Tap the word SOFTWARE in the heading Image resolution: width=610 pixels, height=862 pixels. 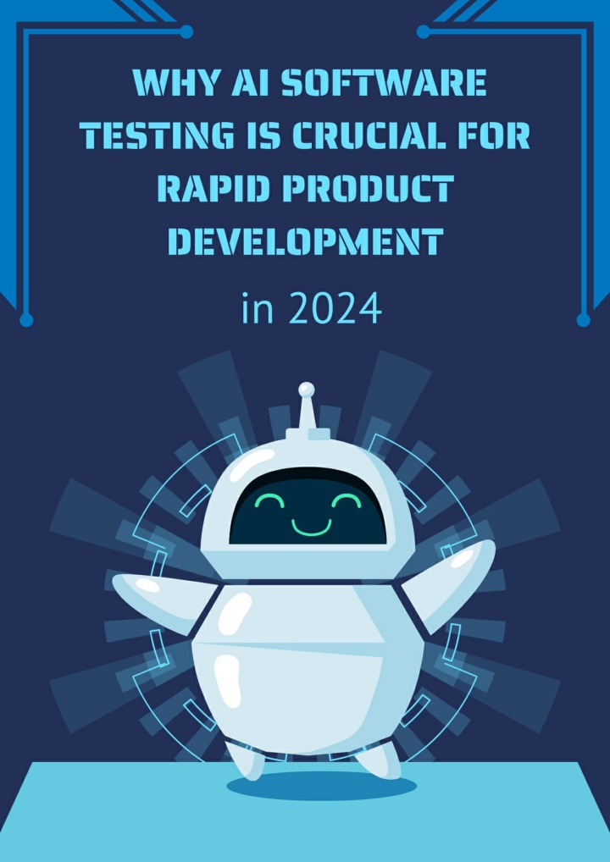pyautogui.click(x=384, y=84)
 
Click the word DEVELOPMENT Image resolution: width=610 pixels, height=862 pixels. pyautogui.click(x=305, y=240)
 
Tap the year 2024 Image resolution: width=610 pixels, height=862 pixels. pyautogui.click(x=335, y=309)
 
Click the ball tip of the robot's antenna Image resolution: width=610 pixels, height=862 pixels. pyautogui.click(x=307, y=390)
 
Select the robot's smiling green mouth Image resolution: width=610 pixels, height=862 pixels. pyautogui.click(x=311, y=528)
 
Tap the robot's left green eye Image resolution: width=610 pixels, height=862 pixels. pyautogui.click(x=269, y=500)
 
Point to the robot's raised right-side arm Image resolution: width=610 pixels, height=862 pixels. pyautogui.click(x=448, y=583)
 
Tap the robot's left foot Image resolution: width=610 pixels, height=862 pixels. pyautogui.click(x=247, y=760)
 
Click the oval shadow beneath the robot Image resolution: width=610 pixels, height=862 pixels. pyautogui.click(x=322, y=786)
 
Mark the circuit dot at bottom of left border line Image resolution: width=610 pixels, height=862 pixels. pyautogui.click(x=26, y=319)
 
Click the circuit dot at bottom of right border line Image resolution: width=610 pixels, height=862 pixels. pyautogui.click(x=584, y=319)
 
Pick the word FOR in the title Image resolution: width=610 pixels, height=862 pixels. pyautogui.click(x=504, y=135)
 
